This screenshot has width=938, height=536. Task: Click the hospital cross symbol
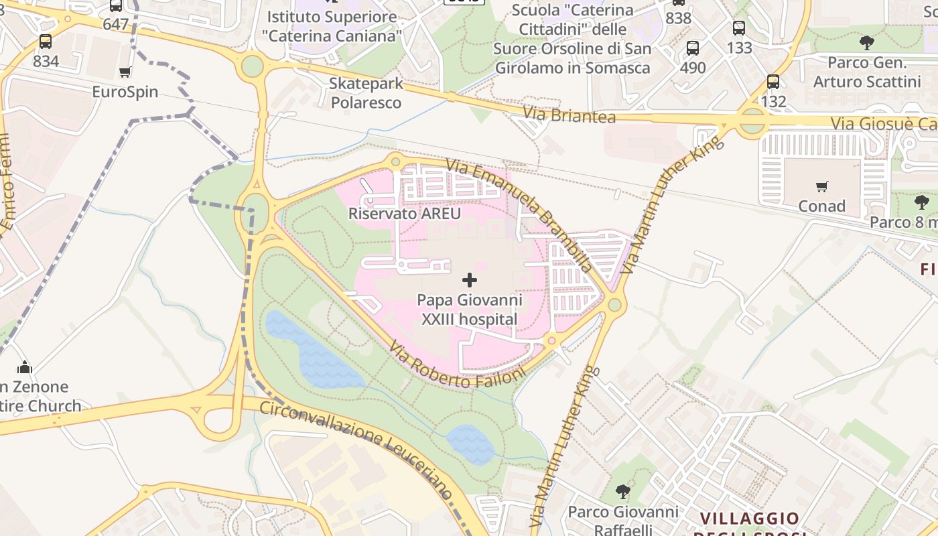[x=470, y=280]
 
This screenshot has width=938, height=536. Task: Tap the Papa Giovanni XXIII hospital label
[x=469, y=310]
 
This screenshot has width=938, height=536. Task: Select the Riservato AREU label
[x=405, y=214]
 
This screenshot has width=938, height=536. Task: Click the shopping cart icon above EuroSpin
[x=125, y=72]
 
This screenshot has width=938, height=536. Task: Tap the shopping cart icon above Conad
[x=821, y=186]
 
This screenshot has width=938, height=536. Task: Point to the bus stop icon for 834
[x=46, y=42]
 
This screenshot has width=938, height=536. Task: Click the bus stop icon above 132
[x=773, y=82]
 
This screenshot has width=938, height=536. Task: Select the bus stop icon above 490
[x=693, y=48]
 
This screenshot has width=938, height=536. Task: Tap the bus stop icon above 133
[x=739, y=28]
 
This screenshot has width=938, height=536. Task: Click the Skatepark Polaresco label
[x=366, y=93]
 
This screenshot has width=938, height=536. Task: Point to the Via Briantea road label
[x=569, y=115]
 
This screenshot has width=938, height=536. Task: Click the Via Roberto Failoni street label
[x=458, y=365]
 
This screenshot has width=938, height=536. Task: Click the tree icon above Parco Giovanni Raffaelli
[x=623, y=492]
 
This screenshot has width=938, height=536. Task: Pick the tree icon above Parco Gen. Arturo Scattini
[x=866, y=44]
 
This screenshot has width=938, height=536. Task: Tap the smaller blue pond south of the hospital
[x=470, y=444]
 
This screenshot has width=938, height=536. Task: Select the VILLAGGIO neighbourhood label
[x=750, y=519]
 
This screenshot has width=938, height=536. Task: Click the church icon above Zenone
[x=25, y=367]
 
